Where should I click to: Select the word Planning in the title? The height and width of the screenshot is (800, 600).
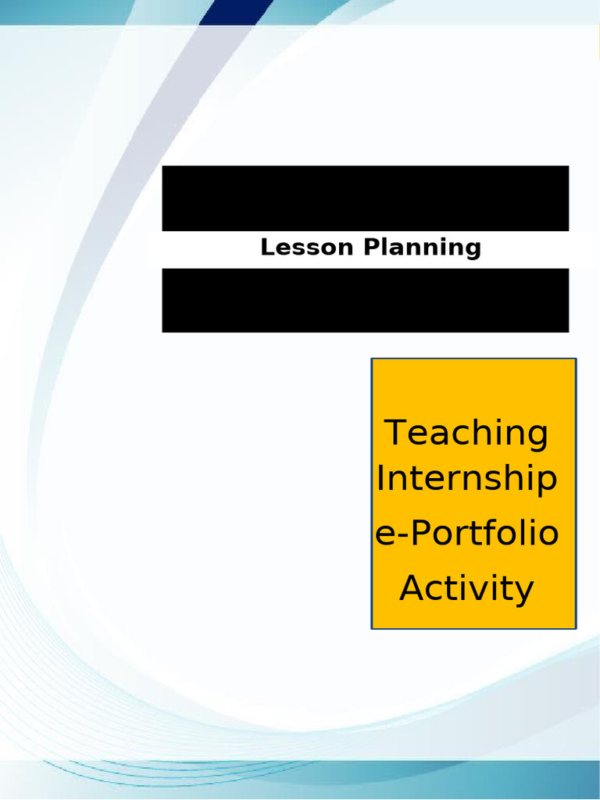pos(423,248)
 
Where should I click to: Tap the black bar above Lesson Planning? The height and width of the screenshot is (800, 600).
pos(365,198)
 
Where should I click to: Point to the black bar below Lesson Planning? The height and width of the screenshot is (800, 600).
pos(365,300)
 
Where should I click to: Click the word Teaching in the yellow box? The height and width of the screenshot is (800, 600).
pos(467,433)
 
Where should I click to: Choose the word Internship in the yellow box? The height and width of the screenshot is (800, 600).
pos(467,479)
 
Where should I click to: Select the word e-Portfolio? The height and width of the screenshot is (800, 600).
pos(467,534)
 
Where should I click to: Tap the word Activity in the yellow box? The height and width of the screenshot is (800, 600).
pos(467,588)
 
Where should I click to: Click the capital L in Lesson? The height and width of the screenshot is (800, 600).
pos(266,248)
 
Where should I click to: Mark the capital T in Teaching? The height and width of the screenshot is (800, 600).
pos(397,432)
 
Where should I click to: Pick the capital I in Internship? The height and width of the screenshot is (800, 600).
pos(380,478)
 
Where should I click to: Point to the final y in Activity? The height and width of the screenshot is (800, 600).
pos(524,592)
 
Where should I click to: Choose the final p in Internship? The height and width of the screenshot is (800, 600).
pos(548,483)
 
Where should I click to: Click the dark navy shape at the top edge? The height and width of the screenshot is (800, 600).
pos(234,11)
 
